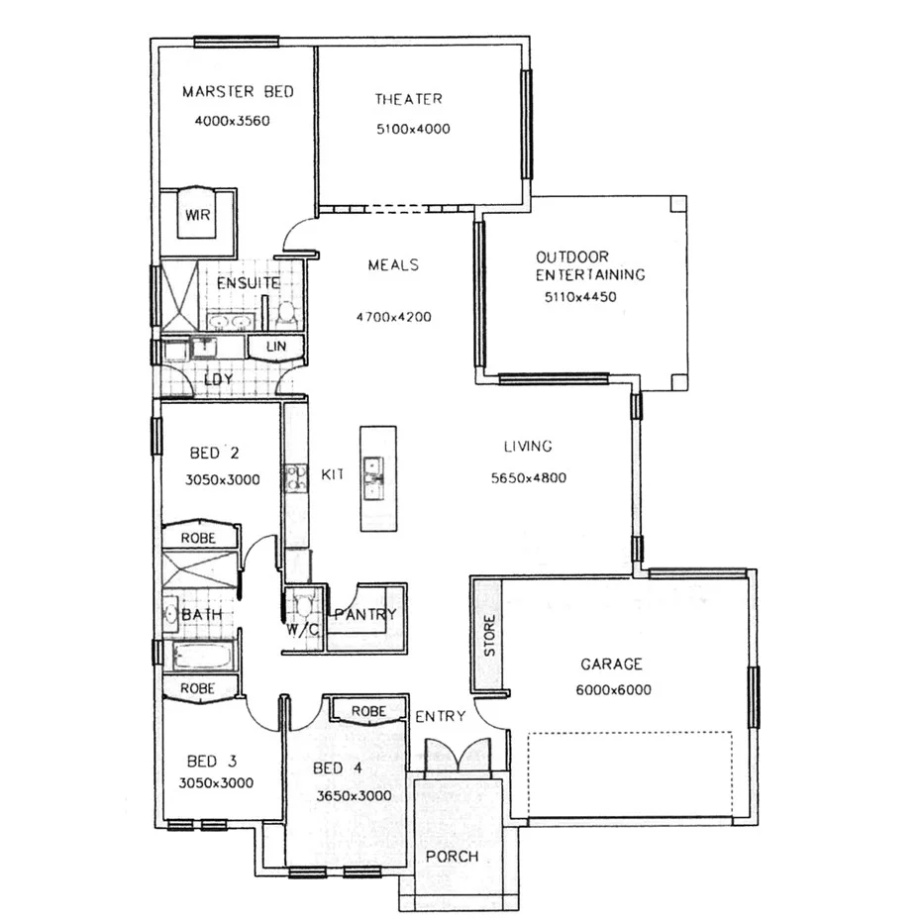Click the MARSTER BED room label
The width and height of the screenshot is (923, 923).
click(238, 92)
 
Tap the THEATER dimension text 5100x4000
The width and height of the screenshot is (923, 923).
click(413, 129)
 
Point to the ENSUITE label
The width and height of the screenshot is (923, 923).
click(249, 283)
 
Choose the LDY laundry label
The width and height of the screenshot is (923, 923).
click(218, 379)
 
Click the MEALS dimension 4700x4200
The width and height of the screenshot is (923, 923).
click(393, 318)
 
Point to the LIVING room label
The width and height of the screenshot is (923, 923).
click(527, 447)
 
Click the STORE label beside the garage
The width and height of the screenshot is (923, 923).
click(488, 636)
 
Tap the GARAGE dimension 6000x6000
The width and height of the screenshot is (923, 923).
click(613, 690)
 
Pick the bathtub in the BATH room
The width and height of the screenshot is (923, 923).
click(203, 656)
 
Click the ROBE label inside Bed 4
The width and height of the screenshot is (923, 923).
click(368, 711)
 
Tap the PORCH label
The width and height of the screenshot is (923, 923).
click(452, 857)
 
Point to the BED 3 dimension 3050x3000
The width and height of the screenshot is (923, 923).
click(216, 782)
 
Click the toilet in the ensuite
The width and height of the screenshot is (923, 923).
click(287, 313)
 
